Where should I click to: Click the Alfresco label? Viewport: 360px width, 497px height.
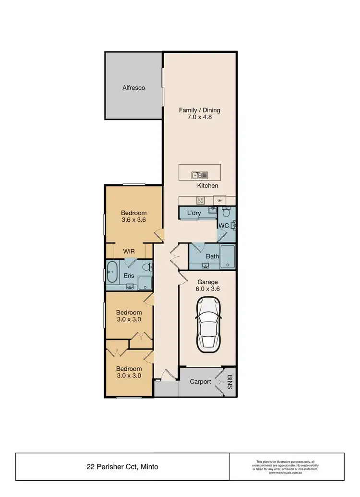point(133,88)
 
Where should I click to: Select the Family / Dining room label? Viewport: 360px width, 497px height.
point(200,110)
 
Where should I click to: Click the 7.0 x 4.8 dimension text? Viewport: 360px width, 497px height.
point(200,117)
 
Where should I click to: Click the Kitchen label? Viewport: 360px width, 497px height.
point(207,185)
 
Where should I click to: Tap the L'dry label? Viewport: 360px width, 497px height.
point(193,213)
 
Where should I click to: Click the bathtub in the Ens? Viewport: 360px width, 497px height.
point(112,272)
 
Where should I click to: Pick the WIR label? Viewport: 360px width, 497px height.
point(129,251)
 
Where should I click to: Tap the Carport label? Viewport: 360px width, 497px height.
point(200,382)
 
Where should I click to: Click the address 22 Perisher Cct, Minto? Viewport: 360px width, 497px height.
point(123,466)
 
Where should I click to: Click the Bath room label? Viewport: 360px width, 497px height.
point(212,256)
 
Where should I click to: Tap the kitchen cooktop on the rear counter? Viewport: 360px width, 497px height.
point(200,200)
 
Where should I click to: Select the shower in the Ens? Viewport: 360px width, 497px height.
point(144,283)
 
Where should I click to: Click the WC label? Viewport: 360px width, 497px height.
point(224,225)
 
